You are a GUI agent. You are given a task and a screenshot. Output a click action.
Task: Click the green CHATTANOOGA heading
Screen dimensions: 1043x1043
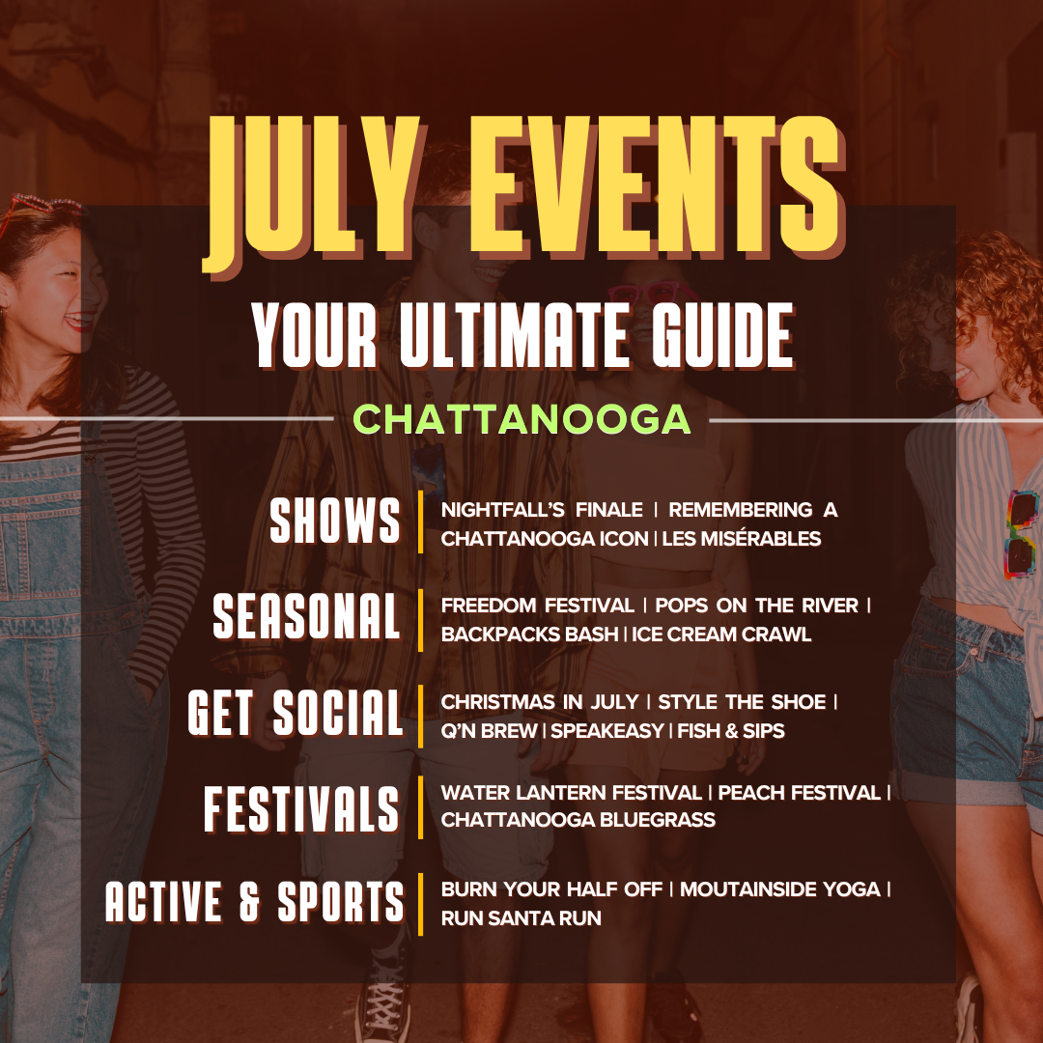(x=521, y=419)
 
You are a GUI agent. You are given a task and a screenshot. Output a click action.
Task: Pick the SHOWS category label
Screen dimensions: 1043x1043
(x=335, y=521)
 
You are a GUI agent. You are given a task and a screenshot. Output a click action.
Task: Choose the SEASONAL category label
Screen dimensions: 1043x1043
(x=307, y=616)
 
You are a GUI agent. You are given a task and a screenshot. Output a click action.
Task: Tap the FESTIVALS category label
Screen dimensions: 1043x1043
(x=301, y=809)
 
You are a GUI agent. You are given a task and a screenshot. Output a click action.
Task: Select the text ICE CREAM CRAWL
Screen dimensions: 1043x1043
(x=721, y=634)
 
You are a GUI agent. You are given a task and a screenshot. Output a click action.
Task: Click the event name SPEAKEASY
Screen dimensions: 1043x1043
(x=607, y=730)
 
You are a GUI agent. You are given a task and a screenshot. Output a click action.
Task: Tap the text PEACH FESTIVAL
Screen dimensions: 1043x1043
(x=799, y=792)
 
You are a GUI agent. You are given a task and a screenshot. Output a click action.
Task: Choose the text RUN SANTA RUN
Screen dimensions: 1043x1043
(x=521, y=918)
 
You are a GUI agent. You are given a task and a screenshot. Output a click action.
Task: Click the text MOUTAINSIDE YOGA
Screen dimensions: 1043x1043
(x=779, y=888)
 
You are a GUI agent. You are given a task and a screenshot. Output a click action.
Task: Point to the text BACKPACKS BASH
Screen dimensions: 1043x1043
(x=529, y=634)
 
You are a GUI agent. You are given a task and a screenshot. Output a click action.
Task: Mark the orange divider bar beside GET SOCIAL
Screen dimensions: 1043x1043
(x=420, y=716)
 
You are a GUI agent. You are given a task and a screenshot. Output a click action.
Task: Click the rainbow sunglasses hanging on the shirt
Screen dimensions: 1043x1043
(x=1021, y=534)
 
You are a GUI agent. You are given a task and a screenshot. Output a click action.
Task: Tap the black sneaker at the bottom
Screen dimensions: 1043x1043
(x=383, y=998)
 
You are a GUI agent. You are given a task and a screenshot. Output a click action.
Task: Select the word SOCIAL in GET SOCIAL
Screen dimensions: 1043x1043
(x=338, y=713)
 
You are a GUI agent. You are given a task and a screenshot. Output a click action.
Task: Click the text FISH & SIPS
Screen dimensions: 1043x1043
(x=731, y=730)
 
